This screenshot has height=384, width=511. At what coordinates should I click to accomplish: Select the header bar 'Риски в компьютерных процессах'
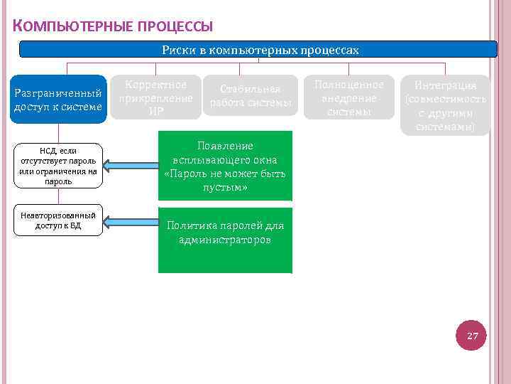[x=260, y=50]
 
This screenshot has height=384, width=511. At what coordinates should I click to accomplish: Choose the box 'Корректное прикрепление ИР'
[x=155, y=97]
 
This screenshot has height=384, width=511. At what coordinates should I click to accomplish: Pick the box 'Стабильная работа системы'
[x=251, y=97]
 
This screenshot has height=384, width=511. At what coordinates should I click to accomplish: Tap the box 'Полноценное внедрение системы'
[x=348, y=97]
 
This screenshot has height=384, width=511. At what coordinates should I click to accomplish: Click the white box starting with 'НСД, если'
[x=58, y=166]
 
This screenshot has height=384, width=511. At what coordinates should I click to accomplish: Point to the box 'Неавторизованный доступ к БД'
[x=58, y=220]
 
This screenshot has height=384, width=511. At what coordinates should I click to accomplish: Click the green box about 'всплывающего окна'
[x=224, y=166]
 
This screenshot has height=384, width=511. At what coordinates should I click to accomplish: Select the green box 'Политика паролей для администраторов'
[x=224, y=240]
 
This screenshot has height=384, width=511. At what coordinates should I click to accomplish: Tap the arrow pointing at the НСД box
[x=131, y=166]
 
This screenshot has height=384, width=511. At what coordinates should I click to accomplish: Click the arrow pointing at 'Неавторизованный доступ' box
[x=131, y=221]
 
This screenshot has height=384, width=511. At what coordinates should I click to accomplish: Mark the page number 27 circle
[x=473, y=336]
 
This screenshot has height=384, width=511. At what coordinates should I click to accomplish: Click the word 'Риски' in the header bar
[x=175, y=50]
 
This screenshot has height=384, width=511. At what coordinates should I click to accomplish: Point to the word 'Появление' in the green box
[x=224, y=145]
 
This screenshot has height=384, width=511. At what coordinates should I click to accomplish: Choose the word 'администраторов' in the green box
[x=224, y=240]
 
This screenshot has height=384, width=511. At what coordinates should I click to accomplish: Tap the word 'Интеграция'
[x=445, y=85]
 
